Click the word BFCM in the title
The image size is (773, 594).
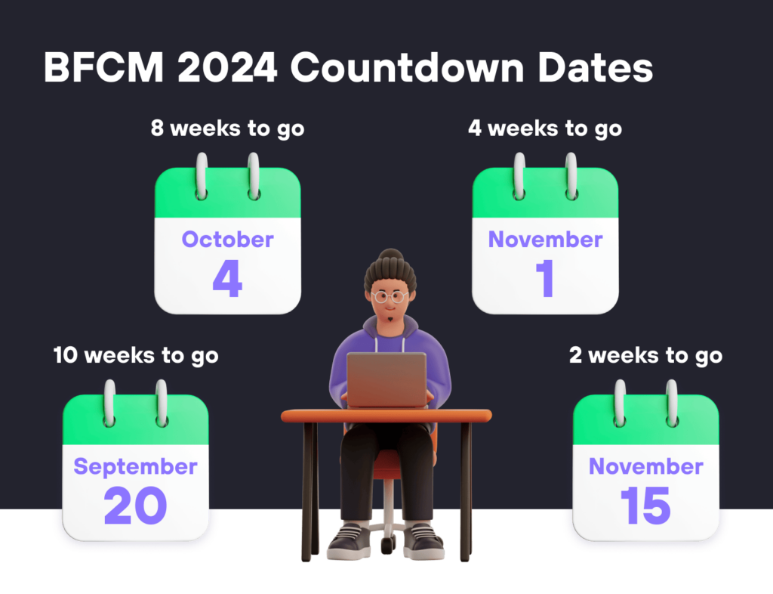[x=103, y=68]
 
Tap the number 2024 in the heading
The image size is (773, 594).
[x=226, y=68]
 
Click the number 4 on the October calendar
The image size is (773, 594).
[x=227, y=279]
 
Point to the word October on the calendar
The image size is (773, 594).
[x=227, y=240]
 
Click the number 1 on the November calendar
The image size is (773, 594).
[x=545, y=279]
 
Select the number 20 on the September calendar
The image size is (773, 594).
[x=135, y=506]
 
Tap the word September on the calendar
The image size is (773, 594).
[x=135, y=466]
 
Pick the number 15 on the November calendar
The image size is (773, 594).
[x=645, y=506]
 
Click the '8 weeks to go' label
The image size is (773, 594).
[x=227, y=128]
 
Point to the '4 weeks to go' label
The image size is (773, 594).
[x=545, y=128]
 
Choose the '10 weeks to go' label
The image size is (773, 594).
[x=136, y=355]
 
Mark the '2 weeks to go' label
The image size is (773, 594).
[x=645, y=355]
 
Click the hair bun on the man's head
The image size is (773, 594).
[x=390, y=256]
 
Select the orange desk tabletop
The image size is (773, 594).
[x=386, y=416]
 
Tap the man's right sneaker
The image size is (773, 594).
[x=350, y=540]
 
